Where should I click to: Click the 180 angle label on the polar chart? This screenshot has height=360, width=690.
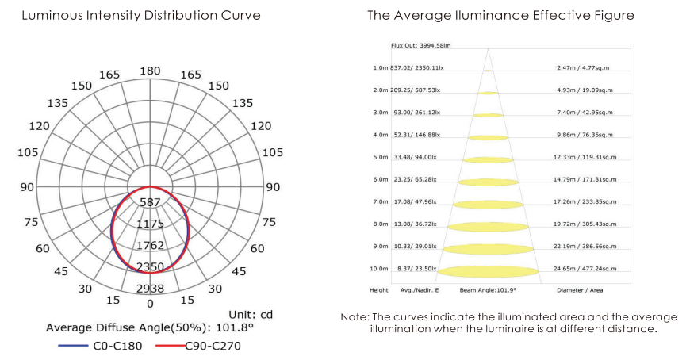coord(150,71)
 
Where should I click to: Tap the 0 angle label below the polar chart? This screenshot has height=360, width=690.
coord(150,304)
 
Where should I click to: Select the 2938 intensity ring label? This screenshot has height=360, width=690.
coord(150,289)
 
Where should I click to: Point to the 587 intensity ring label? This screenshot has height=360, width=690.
coord(150,202)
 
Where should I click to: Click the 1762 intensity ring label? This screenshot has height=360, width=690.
coord(150,245)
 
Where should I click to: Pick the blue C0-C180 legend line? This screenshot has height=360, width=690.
coord(73,346)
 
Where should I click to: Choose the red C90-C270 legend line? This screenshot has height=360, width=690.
coord(171,346)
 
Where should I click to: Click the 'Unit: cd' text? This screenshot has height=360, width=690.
coord(251,315)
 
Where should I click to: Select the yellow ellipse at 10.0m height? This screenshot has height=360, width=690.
coord(488,271)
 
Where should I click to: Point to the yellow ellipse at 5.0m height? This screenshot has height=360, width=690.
coord(488,159)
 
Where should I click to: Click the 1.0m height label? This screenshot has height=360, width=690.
coord(381,67)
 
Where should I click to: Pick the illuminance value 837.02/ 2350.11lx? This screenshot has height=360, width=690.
coord(417,67)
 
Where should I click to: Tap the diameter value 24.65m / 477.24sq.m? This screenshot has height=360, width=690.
coord(585,269)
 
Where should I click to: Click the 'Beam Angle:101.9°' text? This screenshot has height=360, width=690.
coord(488,290)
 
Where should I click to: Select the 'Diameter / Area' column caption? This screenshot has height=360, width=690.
coord(580,290)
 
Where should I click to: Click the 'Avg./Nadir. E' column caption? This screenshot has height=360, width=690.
coord(420,290)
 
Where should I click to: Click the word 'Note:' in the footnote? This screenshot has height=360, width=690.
coord(355,317)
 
